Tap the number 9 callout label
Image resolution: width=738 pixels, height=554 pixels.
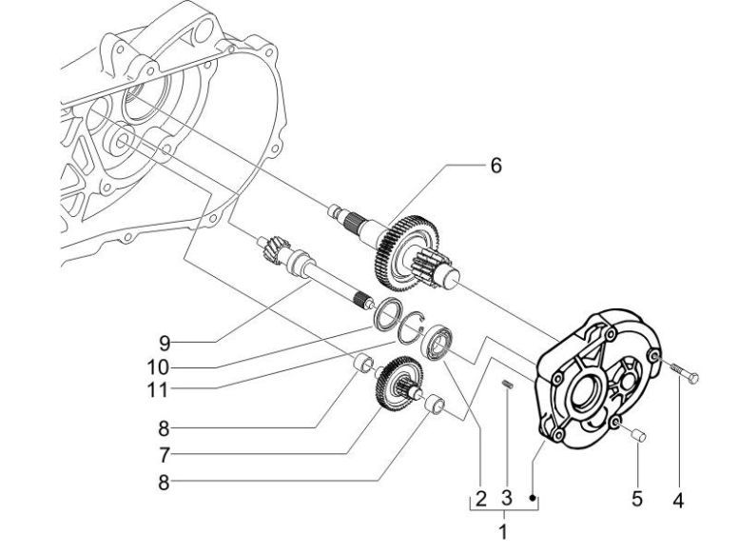click(165, 341)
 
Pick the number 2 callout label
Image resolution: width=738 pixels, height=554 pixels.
click(481, 498)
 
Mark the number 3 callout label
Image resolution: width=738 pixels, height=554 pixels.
click(507, 498)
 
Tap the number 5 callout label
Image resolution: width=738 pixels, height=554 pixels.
click(638, 498)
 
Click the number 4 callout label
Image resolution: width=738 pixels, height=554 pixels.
click(678, 498)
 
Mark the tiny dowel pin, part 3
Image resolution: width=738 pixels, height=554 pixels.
click(508, 384)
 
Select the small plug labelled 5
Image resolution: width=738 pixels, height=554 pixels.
click(637, 435)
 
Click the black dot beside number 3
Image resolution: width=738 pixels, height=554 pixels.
click(534, 497)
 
